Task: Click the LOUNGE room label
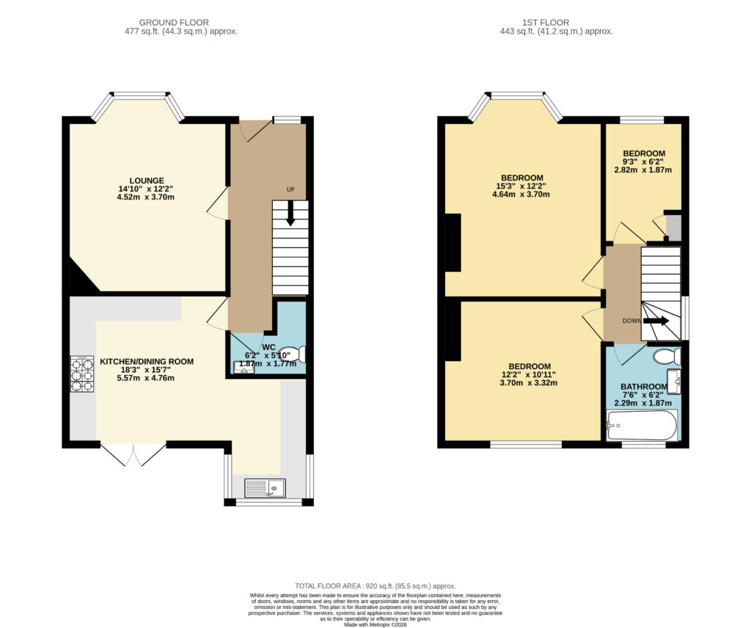pos(146,180)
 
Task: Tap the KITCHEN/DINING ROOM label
pos(147,362)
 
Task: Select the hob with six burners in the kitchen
pos(82,374)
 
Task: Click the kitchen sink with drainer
pos(265,488)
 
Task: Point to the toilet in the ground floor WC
pos(292,354)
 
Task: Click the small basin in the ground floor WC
pos(243,368)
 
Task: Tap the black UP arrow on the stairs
pos(290,213)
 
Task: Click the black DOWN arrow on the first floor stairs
pos(656,321)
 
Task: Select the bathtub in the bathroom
pos(642,425)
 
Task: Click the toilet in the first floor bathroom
pos(667,356)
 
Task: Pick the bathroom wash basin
pos(674,381)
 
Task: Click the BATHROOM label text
pos(644,387)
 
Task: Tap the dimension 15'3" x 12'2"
pos(521,186)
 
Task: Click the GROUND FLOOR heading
pos(174,23)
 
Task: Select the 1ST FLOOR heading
pos(546,23)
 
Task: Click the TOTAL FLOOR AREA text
pos(329,586)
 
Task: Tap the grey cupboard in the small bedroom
pos(674,227)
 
